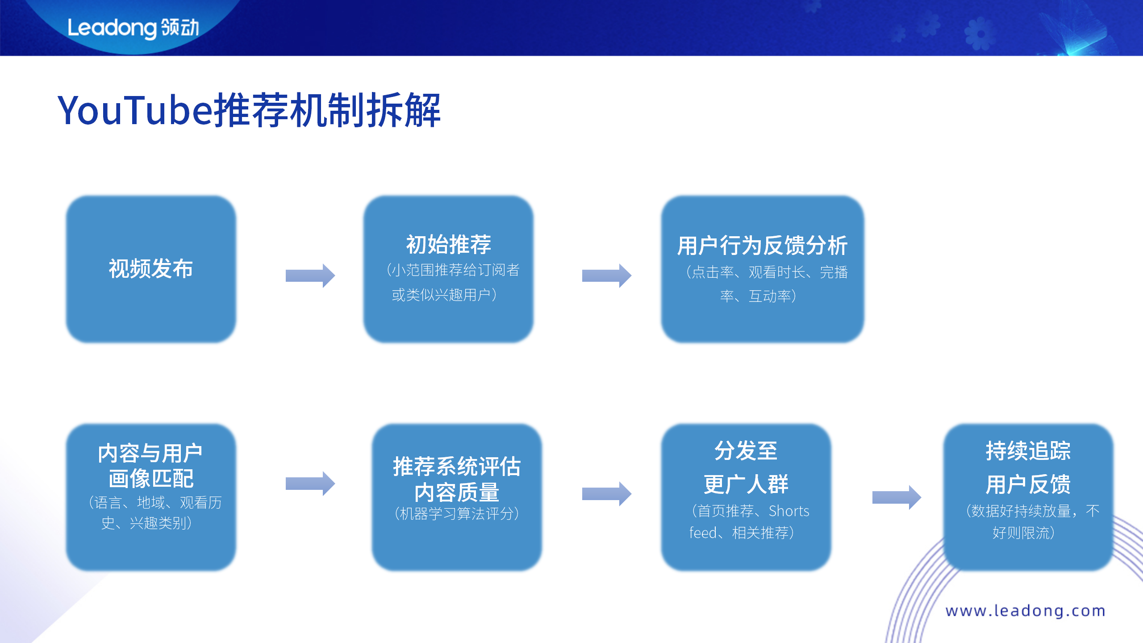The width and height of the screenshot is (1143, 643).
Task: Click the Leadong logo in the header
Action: click(x=133, y=28)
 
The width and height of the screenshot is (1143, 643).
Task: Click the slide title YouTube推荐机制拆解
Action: click(x=249, y=110)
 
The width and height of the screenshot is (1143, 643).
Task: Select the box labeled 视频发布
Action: click(x=151, y=269)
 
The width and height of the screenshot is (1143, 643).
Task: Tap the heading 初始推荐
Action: click(x=448, y=245)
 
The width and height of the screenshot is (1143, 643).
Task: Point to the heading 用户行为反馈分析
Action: click(x=762, y=246)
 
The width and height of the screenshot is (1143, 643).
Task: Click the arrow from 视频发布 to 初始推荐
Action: click(x=310, y=276)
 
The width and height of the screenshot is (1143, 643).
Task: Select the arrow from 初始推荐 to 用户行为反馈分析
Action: click(x=606, y=276)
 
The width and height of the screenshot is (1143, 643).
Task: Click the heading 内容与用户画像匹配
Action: click(x=151, y=466)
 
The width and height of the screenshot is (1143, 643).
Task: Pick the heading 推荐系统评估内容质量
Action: click(x=456, y=479)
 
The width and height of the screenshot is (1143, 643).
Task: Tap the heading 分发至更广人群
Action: click(x=746, y=468)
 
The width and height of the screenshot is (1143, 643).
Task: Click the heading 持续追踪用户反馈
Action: click(x=1028, y=468)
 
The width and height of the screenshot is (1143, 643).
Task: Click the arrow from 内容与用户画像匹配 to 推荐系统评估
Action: click(x=310, y=483)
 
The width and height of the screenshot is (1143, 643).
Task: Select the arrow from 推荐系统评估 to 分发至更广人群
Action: click(x=606, y=494)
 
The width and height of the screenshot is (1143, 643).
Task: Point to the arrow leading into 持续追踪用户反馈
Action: click(x=896, y=497)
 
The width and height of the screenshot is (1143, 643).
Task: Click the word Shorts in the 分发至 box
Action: click(x=788, y=511)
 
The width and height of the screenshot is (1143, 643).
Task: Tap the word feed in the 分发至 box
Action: click(x=703, y=533)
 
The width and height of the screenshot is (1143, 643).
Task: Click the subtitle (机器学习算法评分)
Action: click(x=456, y=514)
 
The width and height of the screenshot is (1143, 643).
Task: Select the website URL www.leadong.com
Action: click(x=1025, y=610)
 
